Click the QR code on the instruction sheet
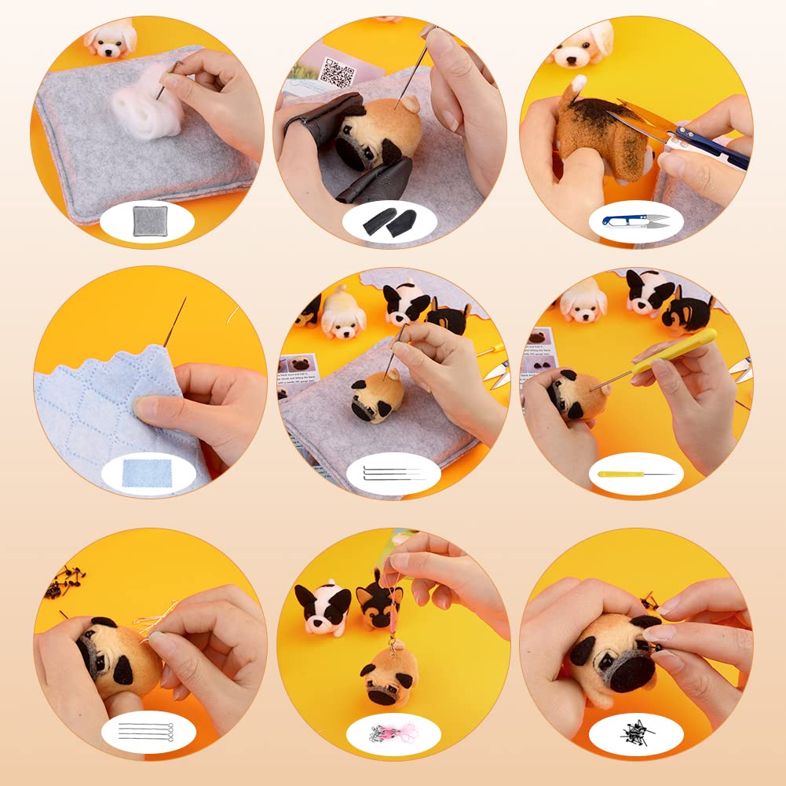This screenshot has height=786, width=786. coord(338,72)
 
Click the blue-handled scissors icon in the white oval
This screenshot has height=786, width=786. coord(635,221)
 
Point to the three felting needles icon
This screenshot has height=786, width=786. coord(393,473)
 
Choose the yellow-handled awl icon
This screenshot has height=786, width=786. coord(635,473)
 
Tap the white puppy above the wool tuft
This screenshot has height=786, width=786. coord(111,39)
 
